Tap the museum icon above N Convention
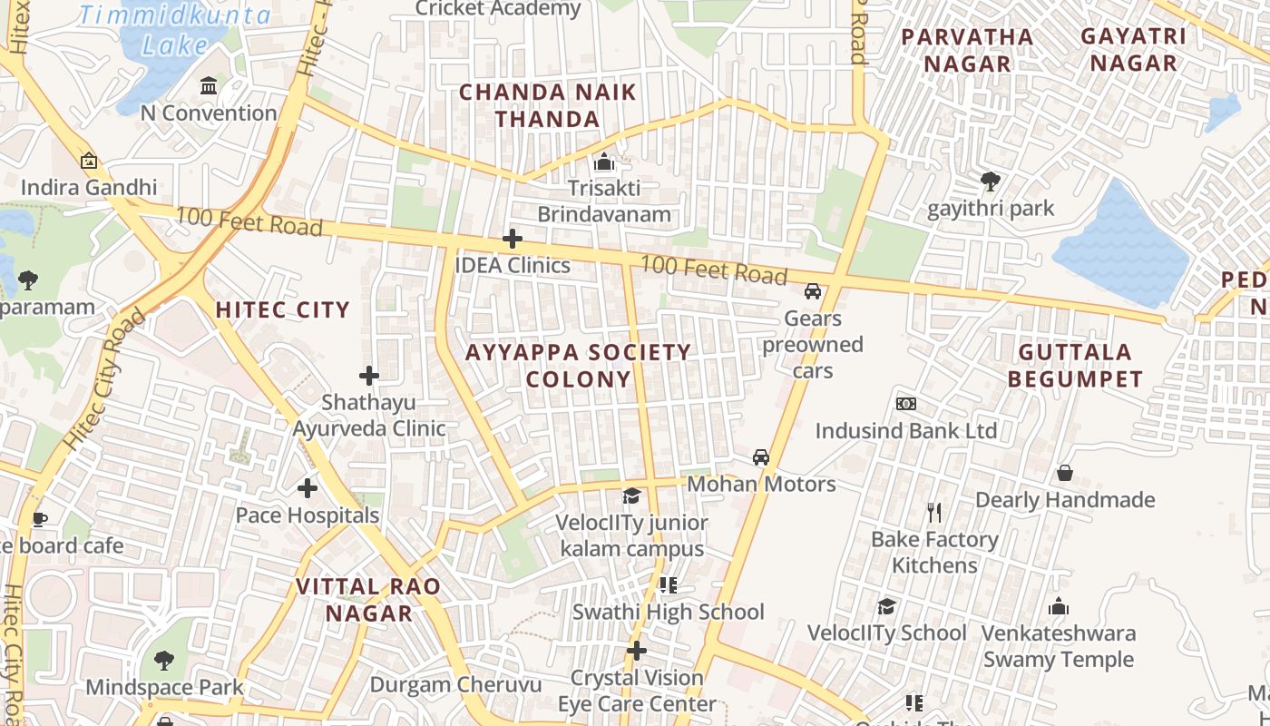click(x=209, y=86)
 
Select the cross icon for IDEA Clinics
click(x=513, y=240)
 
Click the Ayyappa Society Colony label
click(x=578, y=365)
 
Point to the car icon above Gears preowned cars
click(x=813, y=291)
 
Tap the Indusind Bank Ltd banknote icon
click(x=905, y=404)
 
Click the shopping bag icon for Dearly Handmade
click(x=1065, y=473)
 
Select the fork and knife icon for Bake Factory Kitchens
click(x=935, y=513)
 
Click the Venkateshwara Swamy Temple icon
click(x=1058, y=607)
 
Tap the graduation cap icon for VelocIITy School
click(x=886, y=606)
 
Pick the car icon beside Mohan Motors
click(x=761, y=457)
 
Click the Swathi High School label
click(x=668, y=612)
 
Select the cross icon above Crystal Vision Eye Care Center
click(x=637, y=651)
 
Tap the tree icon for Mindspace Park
click(x=164, y=660)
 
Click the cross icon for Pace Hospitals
click(x=308, y=489)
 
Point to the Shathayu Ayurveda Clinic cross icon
click(x=369, y=376)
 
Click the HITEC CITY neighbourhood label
click(x=282, y=310)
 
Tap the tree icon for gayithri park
click(x=991, y=181)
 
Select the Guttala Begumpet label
click(x=1075, y=365)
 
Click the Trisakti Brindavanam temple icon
click(x=604, y=162)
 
